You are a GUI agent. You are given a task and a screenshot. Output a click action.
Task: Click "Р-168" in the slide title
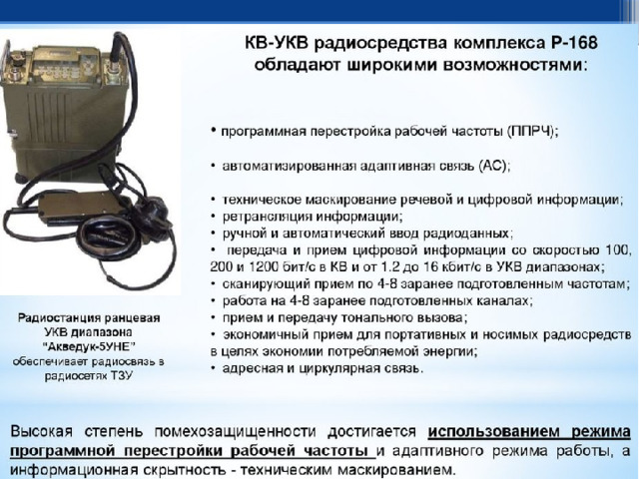pos(574,43)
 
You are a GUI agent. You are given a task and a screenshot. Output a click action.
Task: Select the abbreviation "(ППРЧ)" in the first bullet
pos(532,132)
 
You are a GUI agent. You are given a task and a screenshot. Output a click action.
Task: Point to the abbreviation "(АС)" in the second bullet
pos(494,166)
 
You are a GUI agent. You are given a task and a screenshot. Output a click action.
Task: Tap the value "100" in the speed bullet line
pos(618,249)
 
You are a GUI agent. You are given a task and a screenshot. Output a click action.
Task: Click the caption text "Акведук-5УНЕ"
pos(89,346)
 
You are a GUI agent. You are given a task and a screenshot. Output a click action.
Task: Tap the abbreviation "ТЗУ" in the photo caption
pos(122,375)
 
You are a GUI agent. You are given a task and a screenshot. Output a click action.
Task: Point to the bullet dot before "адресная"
pos(213,368)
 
